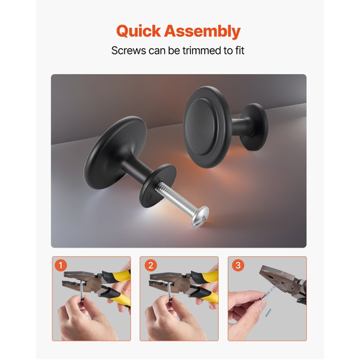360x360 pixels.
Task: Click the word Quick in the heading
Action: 138,31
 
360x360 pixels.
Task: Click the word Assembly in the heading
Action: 202,32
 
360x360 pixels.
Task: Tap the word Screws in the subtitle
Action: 129,50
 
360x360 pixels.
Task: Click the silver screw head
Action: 200,216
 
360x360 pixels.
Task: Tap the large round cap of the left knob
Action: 114,153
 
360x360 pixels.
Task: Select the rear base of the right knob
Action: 254,127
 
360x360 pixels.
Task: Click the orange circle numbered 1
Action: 60,265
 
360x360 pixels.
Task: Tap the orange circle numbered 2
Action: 150,265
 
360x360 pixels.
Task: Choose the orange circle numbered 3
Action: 238,265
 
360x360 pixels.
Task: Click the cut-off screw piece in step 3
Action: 268,312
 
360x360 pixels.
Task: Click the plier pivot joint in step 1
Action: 94,284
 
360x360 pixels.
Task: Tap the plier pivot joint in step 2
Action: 182,284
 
